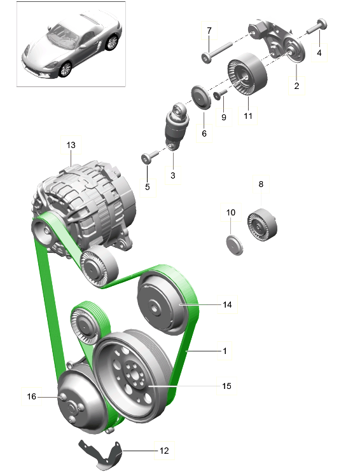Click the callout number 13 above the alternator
point(71,145)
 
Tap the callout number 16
point(31,397)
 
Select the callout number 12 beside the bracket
point(164,451)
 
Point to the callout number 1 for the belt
point(225,351)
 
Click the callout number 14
point(227,304)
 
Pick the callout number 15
point(226,386)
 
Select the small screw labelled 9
point(220,94)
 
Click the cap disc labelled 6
point(201,97)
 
